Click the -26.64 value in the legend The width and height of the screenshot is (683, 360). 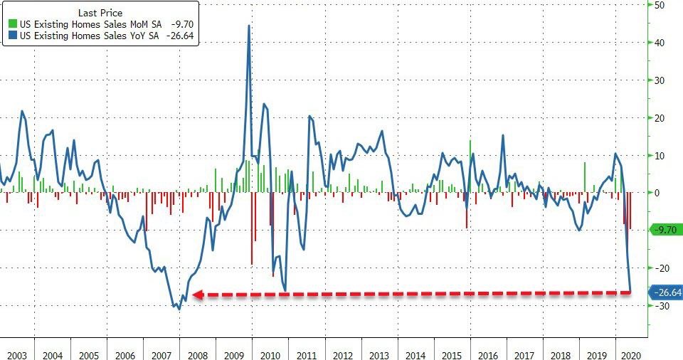tap(181, 36)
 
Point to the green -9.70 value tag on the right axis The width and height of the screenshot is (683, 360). tap(667, 229)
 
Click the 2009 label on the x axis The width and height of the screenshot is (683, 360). tap(233, 354)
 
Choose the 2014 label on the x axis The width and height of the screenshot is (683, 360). tap(415, 354)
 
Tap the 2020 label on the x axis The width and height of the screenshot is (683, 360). tap(630, 354)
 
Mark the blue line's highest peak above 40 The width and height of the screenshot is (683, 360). tap(248, 26)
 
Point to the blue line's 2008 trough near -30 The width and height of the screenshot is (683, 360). tap(179, 309)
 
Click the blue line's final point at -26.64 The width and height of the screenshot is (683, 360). tap(630, 292)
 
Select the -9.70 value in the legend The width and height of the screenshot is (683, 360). tap(184, 23)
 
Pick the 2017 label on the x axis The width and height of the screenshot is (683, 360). tap(524, 354)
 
